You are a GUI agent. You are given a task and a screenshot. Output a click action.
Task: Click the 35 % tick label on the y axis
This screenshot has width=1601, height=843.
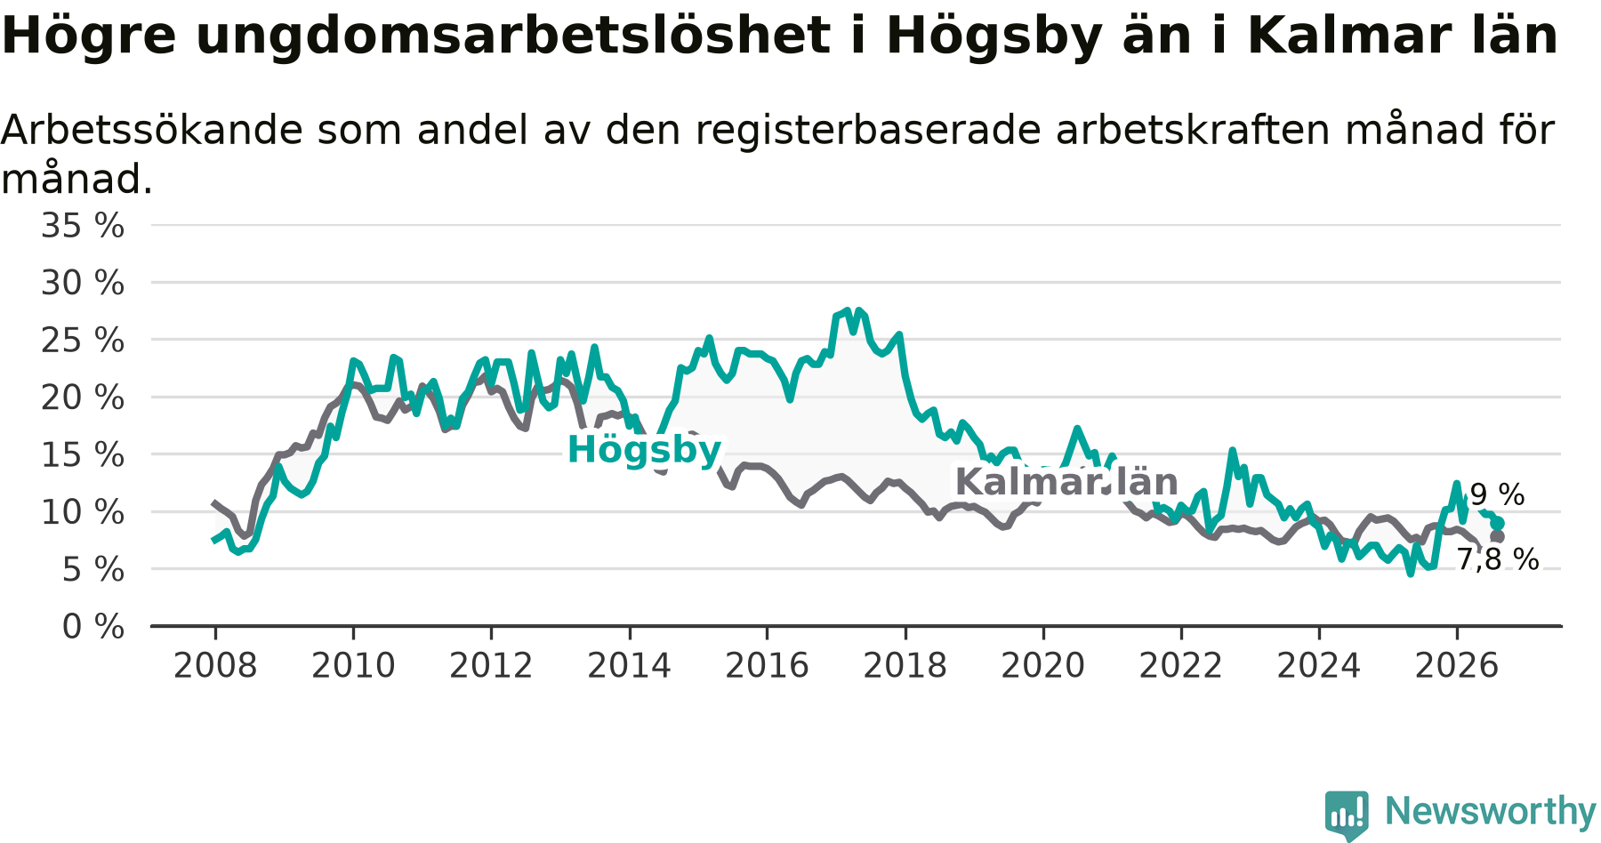click(x=83, y=226)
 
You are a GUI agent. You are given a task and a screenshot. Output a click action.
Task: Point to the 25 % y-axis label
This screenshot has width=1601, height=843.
click(x=83, y=341)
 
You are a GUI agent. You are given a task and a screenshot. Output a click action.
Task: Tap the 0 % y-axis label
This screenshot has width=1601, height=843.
click(x=93, y=627)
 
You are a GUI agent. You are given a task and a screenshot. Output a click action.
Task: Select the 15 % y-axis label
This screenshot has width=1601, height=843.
click(x=83, y=455)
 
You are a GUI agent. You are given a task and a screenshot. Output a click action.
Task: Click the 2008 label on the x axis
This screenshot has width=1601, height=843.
click(x=215, y=666)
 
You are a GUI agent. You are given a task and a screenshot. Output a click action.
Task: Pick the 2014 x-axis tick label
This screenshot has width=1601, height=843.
click(x=629, y=666)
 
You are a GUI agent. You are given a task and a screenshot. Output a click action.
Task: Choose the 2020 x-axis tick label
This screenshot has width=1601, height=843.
click(x=1043, y=666)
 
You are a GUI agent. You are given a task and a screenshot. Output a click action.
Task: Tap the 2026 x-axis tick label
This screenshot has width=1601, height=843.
click(x=1457, y=666)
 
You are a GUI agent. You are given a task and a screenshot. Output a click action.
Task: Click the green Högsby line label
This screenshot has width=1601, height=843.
click(x=644, y=451)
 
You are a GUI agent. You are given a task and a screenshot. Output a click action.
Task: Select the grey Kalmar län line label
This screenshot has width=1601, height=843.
click(x=1066, y=482)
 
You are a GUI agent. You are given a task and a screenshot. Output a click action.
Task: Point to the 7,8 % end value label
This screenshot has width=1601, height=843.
click(x=1497, y=559)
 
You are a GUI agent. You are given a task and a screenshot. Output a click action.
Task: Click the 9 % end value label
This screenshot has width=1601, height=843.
click(x=1498, y=494)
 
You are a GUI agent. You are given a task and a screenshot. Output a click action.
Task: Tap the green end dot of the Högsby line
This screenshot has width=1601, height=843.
click(x=1498, y=523)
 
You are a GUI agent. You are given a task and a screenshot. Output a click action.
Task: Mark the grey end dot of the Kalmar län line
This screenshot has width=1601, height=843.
click(x=1498, y=536)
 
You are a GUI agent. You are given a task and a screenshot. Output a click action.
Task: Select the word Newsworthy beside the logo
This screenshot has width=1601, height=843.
click(x=1491, y=812)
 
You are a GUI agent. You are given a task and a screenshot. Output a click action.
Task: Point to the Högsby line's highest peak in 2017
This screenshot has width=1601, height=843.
click(x=848, y=310)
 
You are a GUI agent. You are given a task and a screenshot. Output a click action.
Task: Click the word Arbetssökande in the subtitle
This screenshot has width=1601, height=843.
click(x=152, y=130)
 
